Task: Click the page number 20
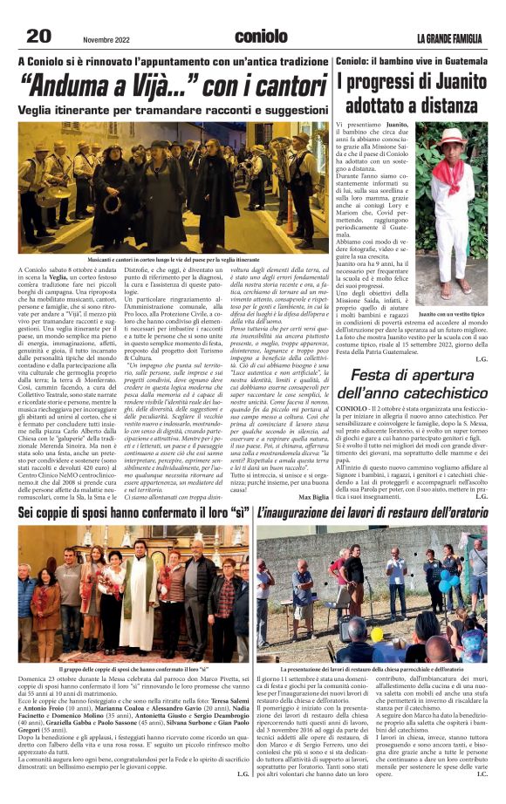38,35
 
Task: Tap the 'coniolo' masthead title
261,36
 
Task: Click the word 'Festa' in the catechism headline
379,375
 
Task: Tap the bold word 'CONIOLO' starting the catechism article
351,408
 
